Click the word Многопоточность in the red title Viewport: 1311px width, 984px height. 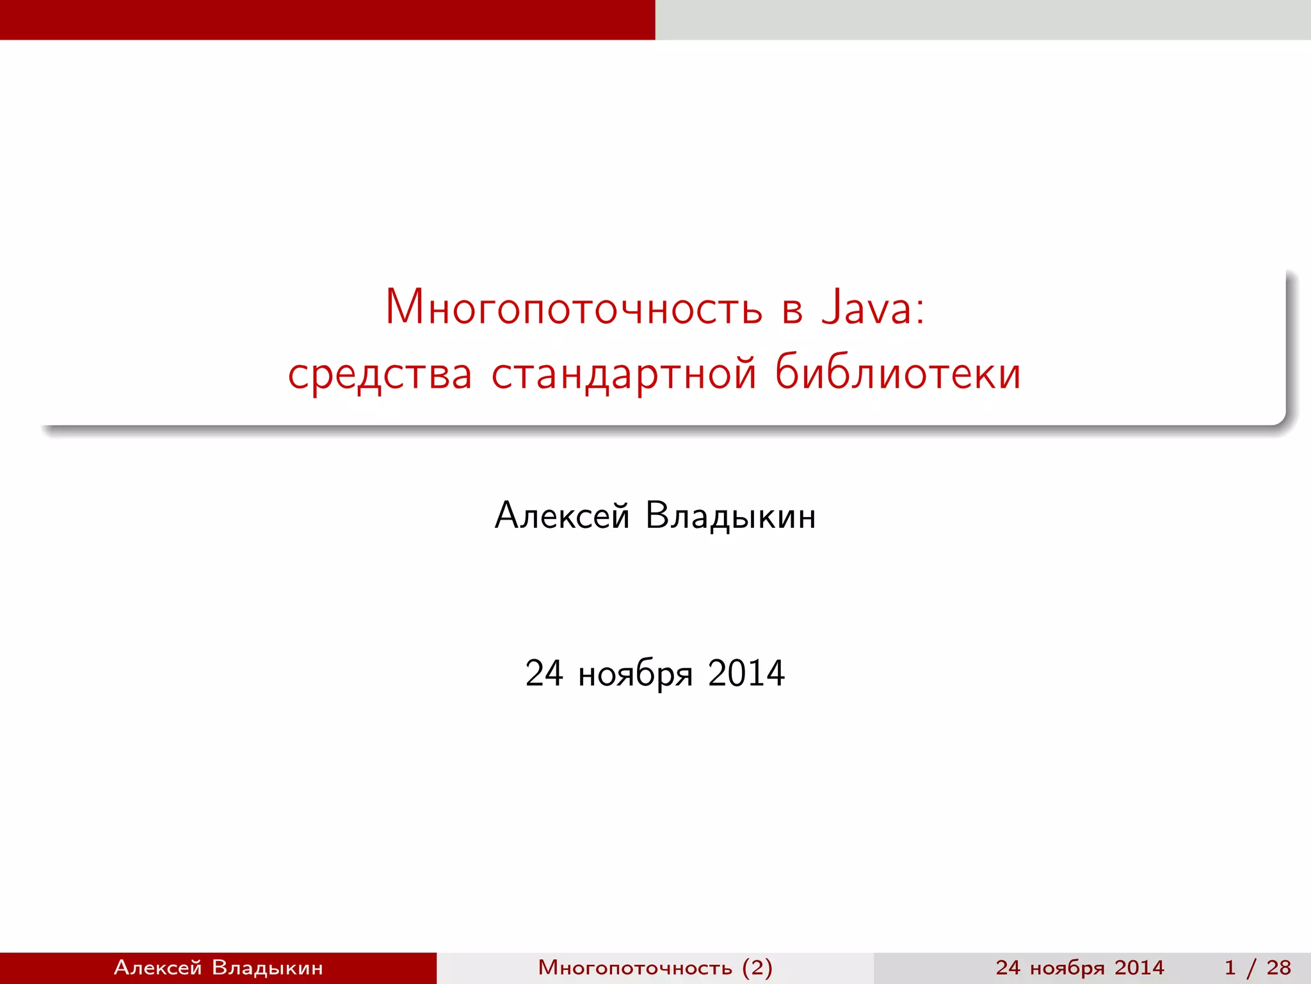click(574, 308)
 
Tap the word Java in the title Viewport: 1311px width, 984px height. click(867, 308)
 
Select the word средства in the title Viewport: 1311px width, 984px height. click(380, 374)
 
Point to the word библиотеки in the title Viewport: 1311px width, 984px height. click(897, 373)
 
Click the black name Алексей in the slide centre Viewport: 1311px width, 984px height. click(562, 516)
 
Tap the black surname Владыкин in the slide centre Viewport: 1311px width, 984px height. click(730, 516)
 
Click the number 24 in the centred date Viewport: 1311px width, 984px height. click(544, 673)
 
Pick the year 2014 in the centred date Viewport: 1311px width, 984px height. click(746, 673)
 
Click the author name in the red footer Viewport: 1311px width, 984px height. click(218, 967)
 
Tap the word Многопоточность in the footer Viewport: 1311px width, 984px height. click(634, 967)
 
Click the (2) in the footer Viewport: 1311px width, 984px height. click(757, 967)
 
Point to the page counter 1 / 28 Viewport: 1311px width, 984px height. click(1257, 967)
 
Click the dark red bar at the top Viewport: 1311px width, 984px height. click(328, 19)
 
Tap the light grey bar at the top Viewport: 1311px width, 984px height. click(983, 19)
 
